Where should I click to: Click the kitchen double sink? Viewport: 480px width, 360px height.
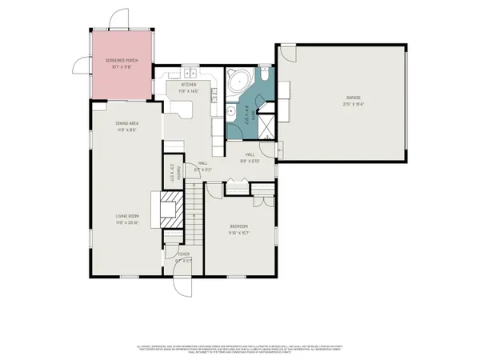(190, 74)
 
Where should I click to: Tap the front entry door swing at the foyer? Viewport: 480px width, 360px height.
(183, 280)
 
